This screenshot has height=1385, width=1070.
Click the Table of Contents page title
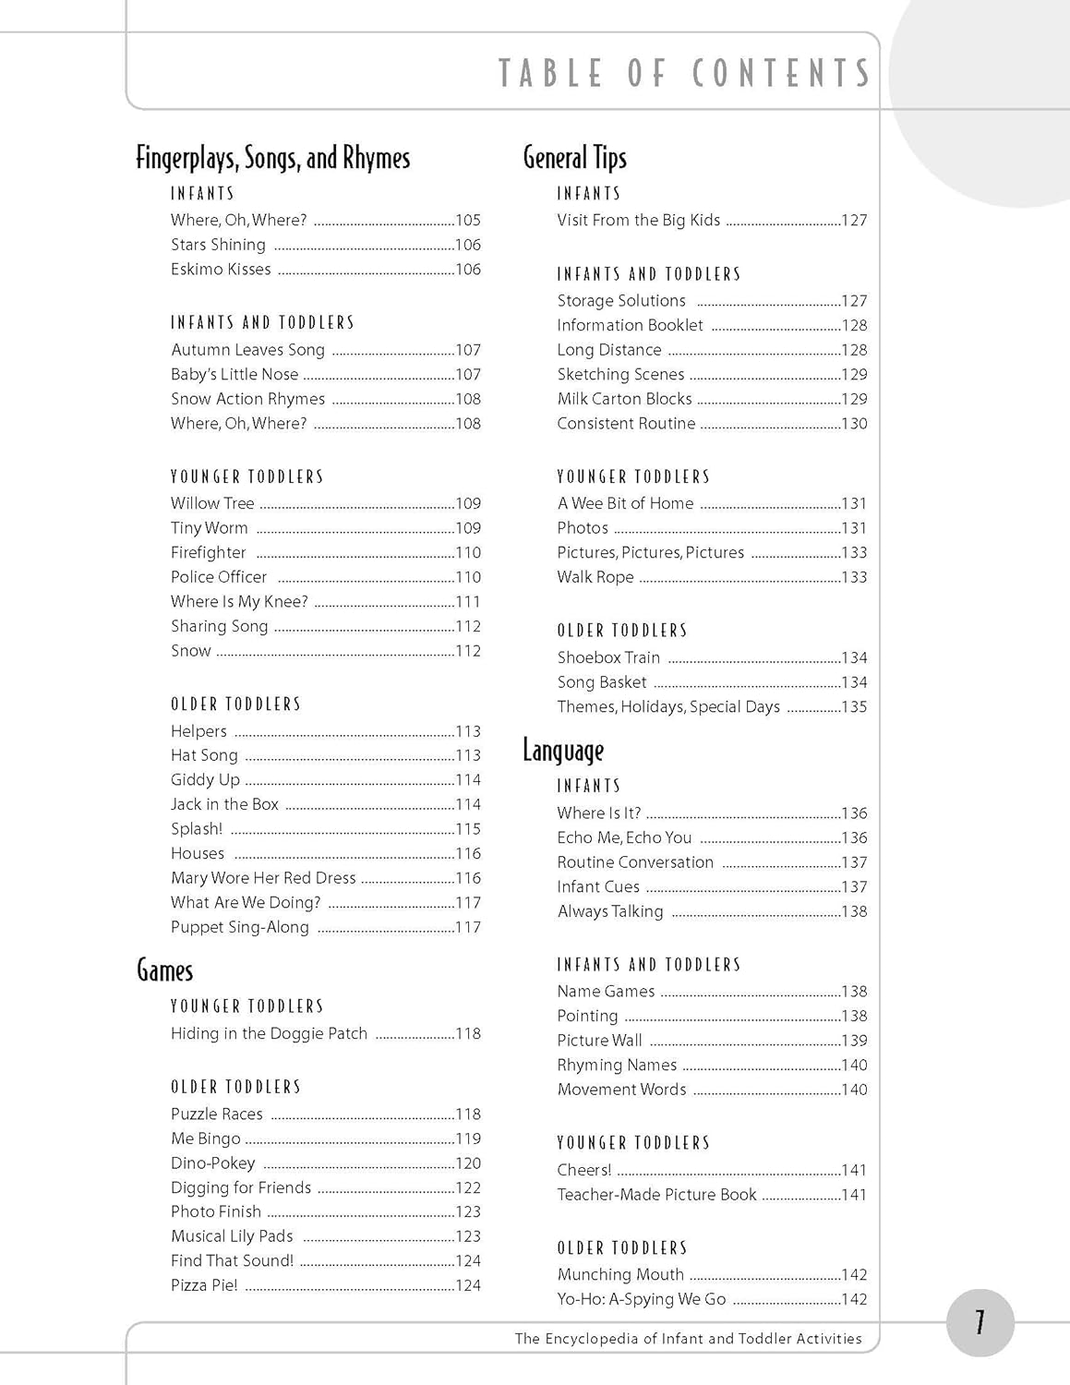[x=684, y=74]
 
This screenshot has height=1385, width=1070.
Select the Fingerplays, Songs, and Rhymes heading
[x=272, y=158]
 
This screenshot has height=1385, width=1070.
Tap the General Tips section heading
[x=574, y=158]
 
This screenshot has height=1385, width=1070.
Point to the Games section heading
[x=165, y=970]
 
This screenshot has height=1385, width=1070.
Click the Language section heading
[x=563, y=751]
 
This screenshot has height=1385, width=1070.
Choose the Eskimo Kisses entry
[x=221, y=270]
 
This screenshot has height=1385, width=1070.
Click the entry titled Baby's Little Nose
[x=234, y=375]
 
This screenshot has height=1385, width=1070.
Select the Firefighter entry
[x=209, y=553]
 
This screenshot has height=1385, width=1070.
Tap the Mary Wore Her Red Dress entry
[x=263, y=878]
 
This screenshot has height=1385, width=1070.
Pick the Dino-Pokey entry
[x=213, y=1163]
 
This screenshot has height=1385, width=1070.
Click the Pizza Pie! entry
[x=204, y=1285]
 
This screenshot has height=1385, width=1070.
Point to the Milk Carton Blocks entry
[x=624, y=399]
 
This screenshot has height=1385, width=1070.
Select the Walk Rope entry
[x=595, y=577]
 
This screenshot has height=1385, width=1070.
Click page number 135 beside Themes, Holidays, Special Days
[x=854, y=707]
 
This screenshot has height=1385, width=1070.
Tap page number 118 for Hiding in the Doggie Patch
[x=468, y=1034]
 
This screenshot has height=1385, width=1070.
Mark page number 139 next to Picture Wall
[x=854, y=1041]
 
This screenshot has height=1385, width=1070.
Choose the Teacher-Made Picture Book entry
[x=656, y=1195]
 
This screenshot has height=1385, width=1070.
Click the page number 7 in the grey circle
[x=980, y=1323]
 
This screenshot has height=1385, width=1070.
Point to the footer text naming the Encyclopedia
[x=688, y=1339]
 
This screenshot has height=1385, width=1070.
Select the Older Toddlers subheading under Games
[x=236, y=1087]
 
